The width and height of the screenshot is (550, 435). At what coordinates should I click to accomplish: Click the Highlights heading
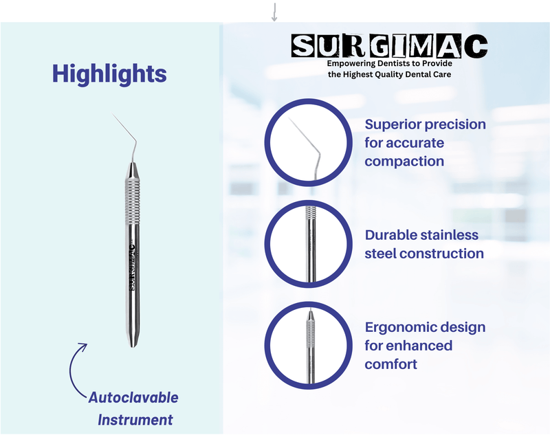click(x=109, y=74)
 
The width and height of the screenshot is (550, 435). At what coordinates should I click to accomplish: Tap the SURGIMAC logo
click(x=389, y=47)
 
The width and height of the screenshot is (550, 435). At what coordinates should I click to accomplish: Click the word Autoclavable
click(x=133, y=397)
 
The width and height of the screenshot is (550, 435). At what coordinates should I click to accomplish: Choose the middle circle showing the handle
click(x=307, y=245)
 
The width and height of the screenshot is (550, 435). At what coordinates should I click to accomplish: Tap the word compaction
click(x=404, y=161)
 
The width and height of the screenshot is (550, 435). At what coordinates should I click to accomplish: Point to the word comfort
click(x=390, y=364)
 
